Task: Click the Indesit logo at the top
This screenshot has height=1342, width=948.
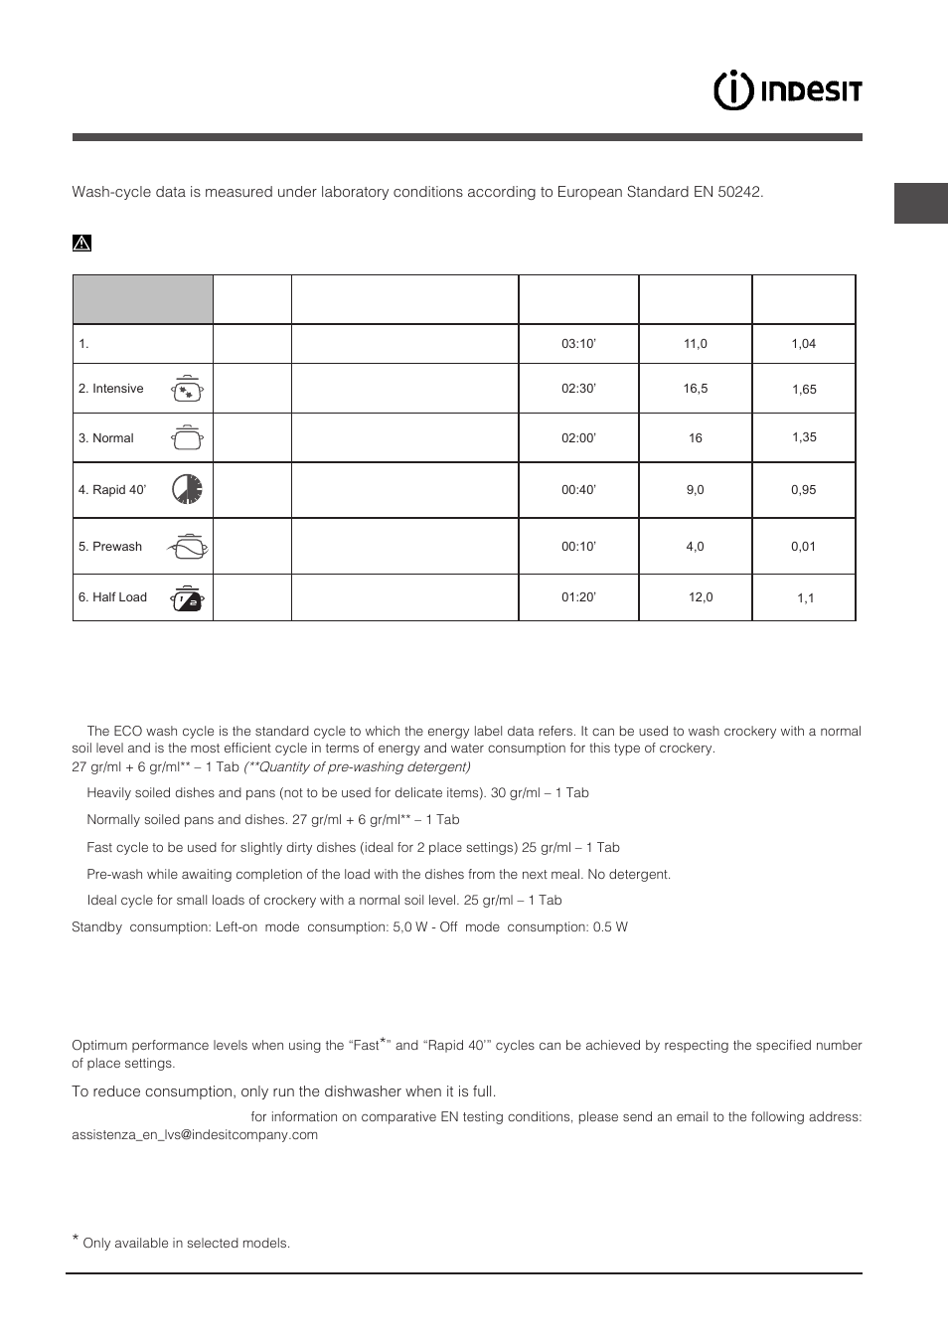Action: coord(787,90)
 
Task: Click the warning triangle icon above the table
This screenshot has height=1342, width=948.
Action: coord(81,243)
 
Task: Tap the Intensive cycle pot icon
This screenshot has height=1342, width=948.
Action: coord(187,389)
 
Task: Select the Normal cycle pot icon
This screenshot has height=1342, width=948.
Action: coord(187,437)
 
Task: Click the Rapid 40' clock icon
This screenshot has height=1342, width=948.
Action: coord(187,489)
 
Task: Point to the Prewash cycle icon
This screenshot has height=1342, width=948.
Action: coord(187,547)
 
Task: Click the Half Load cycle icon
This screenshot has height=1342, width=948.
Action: coord(187,597)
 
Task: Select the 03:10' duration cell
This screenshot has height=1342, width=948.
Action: coord(578,344)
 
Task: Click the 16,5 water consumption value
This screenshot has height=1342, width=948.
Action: coord(696,389)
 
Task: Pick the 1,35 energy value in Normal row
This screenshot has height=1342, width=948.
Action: coord(804,437)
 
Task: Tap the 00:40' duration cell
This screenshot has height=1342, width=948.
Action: coord(578,490)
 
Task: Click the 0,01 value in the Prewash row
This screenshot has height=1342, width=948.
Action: coord(803,547)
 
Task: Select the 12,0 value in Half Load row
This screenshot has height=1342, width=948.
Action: coord(701,597)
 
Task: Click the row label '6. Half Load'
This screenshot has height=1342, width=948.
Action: coord(112,597)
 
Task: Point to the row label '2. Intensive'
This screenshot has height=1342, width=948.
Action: coord(111,389)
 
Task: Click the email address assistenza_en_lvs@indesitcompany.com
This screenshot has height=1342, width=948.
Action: coord(195,1135)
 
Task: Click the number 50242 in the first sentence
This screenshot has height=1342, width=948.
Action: coord(739,192)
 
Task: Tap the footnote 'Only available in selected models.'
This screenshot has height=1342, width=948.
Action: coord(186,1244)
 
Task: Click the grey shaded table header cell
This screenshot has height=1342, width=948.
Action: coord(143,299)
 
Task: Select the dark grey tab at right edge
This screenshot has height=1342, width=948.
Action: coord(921,203)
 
